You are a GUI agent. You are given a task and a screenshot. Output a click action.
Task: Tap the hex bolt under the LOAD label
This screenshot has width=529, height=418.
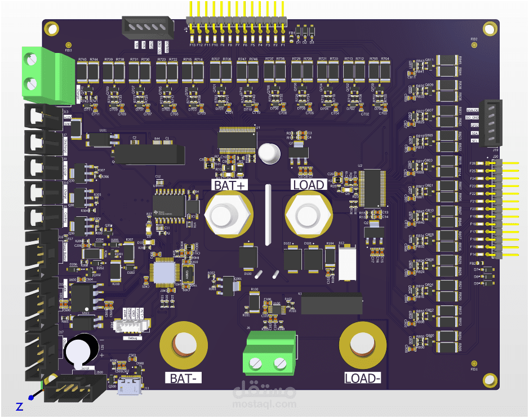tap(308, 216)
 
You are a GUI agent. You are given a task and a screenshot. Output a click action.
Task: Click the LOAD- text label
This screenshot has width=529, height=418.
tap(363, 378)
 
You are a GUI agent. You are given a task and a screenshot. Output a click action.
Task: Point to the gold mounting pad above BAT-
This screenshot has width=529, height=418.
tap(183, 344)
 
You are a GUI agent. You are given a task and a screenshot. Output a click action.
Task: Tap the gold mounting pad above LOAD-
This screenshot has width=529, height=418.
tap(362, 344)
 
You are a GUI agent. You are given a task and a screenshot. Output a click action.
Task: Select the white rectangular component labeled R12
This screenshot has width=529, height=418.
tap(348, 263)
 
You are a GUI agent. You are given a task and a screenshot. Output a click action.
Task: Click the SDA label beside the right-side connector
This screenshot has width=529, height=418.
tap(474, 133)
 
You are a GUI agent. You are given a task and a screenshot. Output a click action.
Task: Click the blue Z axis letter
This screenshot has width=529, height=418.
tap(19, 406)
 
